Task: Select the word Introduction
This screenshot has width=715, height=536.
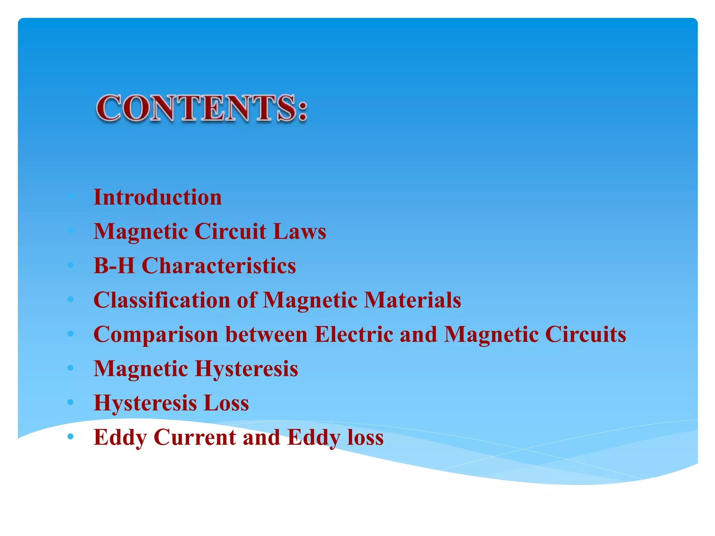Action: click(157, 197)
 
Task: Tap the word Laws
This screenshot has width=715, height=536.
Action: click(300, 231)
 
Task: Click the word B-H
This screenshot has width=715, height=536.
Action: click(114, 266)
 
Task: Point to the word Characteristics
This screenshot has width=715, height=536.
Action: click(219, 266)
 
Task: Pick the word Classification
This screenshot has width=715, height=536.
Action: click(162, 300)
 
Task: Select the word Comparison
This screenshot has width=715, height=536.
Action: click(156, 334)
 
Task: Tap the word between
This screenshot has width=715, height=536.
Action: click(266, 334)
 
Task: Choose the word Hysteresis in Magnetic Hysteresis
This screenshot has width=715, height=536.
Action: click(246, 368)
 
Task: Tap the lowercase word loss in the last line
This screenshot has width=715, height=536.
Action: click(366, 437)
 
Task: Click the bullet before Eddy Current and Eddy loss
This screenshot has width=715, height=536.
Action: click(71, 436)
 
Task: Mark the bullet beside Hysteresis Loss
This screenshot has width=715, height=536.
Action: click(71, 402)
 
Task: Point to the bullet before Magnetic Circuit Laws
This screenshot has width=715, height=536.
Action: click(71, 231)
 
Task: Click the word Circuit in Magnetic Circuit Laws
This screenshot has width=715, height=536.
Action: click(230, 231)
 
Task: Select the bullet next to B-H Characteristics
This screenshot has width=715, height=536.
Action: click(71, 265)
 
